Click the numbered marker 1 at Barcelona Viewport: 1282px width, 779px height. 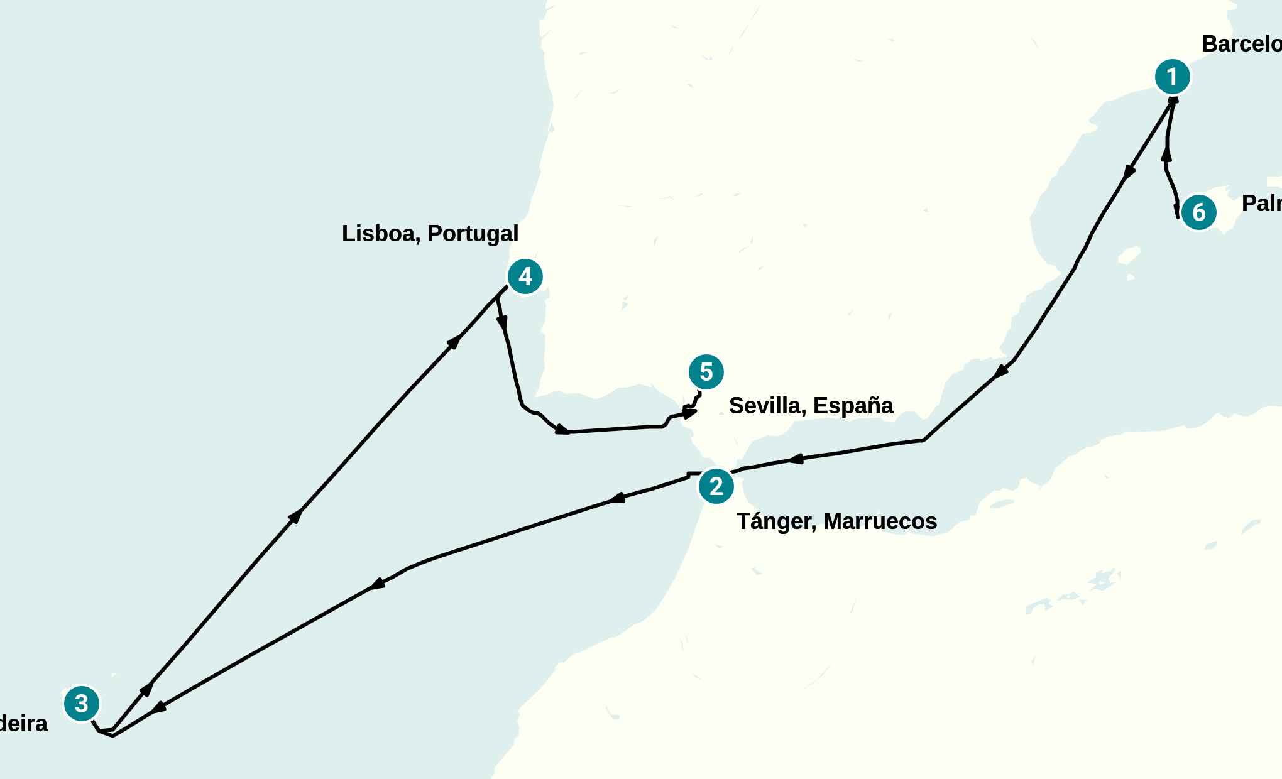1173,77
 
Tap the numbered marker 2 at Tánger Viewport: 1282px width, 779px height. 716,486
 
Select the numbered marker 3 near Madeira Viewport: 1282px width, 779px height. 82,704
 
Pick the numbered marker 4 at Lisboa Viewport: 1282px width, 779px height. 525,276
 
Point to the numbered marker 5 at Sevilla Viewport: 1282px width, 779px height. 706,372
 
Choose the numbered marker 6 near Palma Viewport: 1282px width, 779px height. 1199,212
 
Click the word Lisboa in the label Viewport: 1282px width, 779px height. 381,234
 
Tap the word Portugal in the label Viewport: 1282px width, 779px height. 473,234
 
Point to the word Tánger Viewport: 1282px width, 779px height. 776,521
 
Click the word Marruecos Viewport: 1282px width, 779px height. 880,521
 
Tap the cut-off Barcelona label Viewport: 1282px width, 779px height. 1241,44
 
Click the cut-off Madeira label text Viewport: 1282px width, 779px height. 23,724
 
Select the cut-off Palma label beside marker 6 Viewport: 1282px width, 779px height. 1261,204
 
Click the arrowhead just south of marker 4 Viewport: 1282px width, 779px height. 502,323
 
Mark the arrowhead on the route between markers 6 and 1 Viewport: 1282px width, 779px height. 1166,154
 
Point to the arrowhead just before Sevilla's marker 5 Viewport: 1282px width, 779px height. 689,413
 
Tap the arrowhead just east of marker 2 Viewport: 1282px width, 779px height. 796,459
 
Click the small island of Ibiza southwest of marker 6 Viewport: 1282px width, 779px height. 1129,256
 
